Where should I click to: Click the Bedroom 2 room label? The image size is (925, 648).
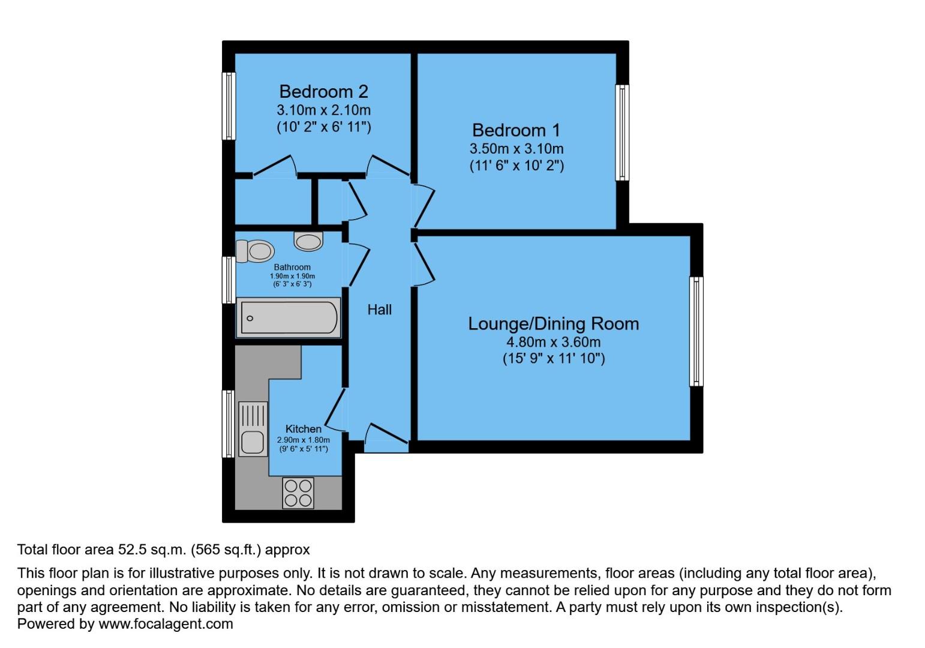(323, 92)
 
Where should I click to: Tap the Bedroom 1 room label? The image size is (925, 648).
(516, 130)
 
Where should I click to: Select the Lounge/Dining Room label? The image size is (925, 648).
(553, 324)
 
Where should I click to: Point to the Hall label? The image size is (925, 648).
(379, 310)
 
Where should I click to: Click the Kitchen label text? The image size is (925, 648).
(303, 429)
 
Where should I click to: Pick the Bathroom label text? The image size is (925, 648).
(292, 267)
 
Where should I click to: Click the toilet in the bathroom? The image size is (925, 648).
(255, 251)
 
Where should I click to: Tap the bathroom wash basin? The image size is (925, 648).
(308, 241)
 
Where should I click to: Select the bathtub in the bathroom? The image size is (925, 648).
(289, 317)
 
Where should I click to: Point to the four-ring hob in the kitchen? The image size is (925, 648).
(298, 493)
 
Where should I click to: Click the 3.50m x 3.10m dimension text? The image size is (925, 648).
(516, 149)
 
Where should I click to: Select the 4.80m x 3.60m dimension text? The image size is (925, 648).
(553, 343)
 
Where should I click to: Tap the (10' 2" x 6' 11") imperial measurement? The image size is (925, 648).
(323, 127)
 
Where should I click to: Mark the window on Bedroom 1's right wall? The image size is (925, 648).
(623, 132)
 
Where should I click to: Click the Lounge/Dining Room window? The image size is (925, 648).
(696, 331)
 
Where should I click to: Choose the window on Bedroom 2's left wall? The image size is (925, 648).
(229, 106)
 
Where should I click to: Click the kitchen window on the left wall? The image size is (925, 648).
(229, 423)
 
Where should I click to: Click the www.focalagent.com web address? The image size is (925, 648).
(166, 624)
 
